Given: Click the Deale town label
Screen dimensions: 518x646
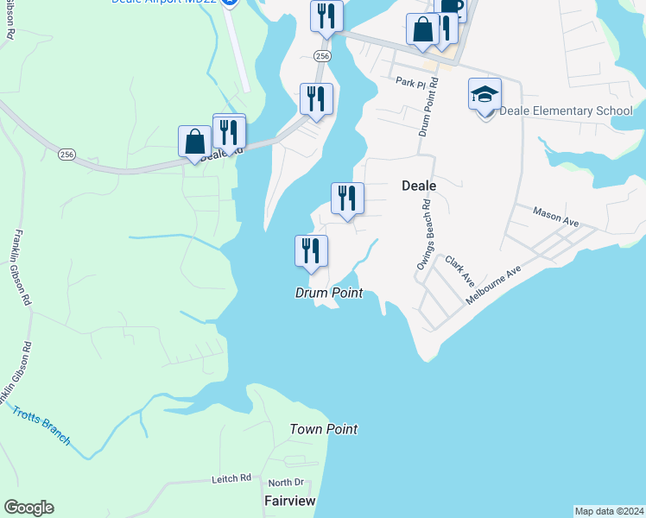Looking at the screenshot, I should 419,186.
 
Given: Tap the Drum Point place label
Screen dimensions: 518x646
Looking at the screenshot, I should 328,294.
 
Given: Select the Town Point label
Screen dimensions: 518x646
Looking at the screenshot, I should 323,429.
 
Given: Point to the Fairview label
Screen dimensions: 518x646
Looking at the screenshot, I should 289,501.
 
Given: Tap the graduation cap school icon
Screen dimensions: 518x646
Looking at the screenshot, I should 484,94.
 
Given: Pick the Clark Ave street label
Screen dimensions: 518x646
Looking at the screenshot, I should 460,270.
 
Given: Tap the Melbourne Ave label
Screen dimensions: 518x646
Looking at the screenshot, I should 494,282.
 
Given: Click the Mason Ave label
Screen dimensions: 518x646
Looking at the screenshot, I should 555,216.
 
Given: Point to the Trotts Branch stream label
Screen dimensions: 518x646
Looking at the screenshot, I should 41,423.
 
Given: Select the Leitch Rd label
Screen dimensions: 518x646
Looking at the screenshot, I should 231,477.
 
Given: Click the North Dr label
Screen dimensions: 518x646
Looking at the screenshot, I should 286,483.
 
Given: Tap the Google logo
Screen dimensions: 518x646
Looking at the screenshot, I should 28,508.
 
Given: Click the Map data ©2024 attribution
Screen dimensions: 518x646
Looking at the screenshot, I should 609,511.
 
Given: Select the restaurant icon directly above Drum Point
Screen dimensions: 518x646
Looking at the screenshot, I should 311,251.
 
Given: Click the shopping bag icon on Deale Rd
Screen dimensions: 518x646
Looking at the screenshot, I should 194,142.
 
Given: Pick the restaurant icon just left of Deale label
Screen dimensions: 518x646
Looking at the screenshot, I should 347,199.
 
